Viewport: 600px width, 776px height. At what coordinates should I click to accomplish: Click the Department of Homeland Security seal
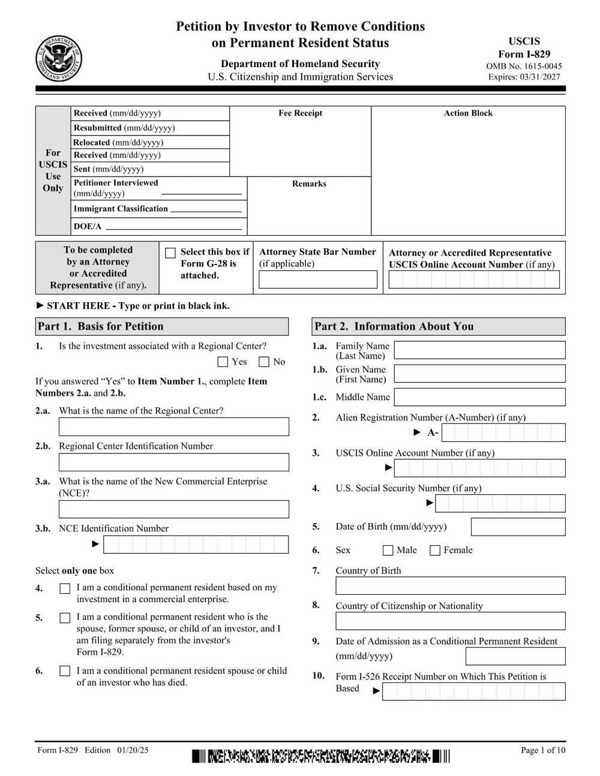tap(59, 59)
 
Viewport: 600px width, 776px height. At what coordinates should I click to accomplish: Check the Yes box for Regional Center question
tap(223, 362)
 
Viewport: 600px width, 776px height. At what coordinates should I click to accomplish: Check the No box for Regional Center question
tap(264, 362)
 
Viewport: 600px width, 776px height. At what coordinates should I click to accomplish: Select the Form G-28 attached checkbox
tap(170, 253)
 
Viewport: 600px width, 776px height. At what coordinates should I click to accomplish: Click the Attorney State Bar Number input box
tap(318, 279)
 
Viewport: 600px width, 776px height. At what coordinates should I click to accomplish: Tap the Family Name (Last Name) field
tap(479, 350)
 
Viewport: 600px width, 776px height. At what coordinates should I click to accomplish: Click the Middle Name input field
tap(479, 397)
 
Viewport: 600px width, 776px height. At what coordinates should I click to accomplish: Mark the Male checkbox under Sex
tap(388, 550)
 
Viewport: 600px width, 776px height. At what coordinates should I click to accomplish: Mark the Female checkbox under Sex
tap(435, 550)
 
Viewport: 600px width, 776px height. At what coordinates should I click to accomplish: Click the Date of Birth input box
tap(518, 527)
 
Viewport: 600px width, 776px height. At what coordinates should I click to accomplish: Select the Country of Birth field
tap(450, 585)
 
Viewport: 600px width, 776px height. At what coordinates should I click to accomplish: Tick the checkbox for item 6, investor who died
tap(65, 671)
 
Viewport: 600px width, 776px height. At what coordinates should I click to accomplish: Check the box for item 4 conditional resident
tap(65, 589)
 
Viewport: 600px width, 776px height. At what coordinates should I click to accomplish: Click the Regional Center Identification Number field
tap(173, 462)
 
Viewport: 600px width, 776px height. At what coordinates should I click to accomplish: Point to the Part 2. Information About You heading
tap(394, 326)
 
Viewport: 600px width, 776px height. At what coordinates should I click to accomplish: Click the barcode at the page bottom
tap(320, 756)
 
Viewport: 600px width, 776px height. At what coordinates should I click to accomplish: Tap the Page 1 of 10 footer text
tap(542, 750)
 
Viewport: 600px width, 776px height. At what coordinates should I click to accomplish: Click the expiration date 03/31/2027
tap(540, 77)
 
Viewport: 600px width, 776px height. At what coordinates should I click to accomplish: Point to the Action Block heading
tap(468, 113)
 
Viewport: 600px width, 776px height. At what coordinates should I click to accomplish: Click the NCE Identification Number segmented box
tap(196, 545)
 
